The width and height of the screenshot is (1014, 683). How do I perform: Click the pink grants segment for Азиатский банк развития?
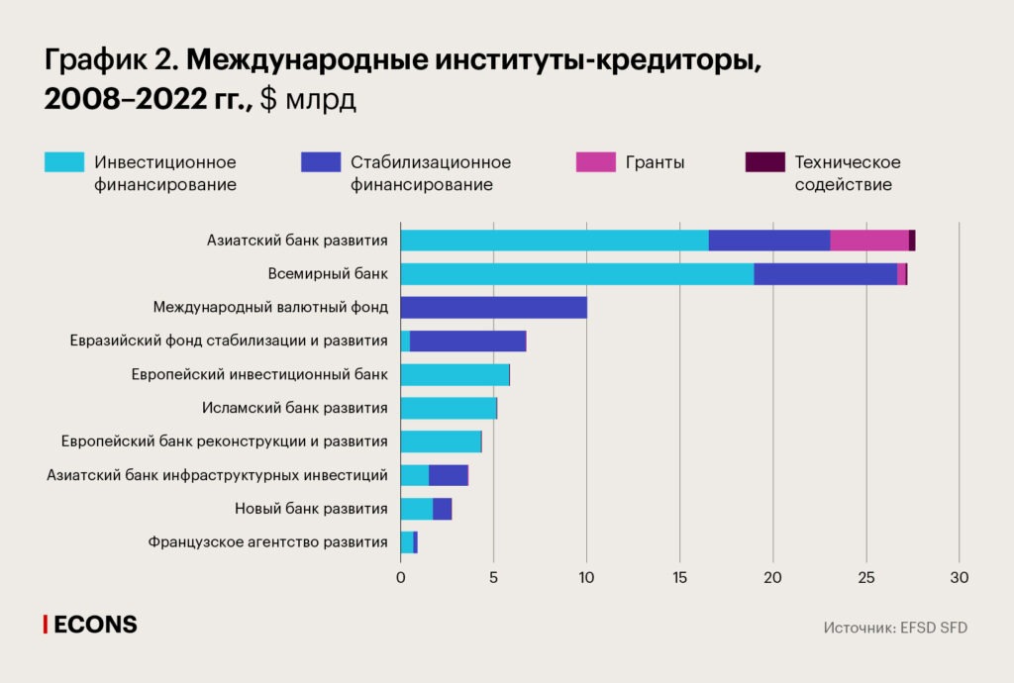coord(869,240)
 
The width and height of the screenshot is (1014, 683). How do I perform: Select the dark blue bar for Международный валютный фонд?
coord(493,307)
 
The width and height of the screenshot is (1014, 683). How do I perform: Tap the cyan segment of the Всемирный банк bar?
coord(576,274)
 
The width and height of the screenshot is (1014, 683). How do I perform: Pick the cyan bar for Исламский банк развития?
coord(448,408)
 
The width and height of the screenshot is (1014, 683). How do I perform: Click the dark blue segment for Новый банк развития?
coord(442,509)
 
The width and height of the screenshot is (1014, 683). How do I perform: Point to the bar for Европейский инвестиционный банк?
coord(455,374)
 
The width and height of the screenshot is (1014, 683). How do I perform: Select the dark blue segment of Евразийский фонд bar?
coord(467,341)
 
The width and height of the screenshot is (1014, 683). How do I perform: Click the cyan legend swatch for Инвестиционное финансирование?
coord(64,162)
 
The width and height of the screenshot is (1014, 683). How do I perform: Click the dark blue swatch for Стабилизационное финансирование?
coord(320,162)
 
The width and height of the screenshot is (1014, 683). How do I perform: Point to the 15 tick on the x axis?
coord(679,577)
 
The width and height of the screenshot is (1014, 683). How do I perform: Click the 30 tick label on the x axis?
coord(959,577)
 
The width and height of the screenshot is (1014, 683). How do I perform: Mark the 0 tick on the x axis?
coord(400,577)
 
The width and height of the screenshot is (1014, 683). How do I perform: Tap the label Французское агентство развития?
coord(267,542)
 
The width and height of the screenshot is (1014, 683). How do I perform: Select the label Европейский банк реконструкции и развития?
coord(224,441)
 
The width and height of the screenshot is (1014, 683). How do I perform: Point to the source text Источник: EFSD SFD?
coord(894,628)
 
